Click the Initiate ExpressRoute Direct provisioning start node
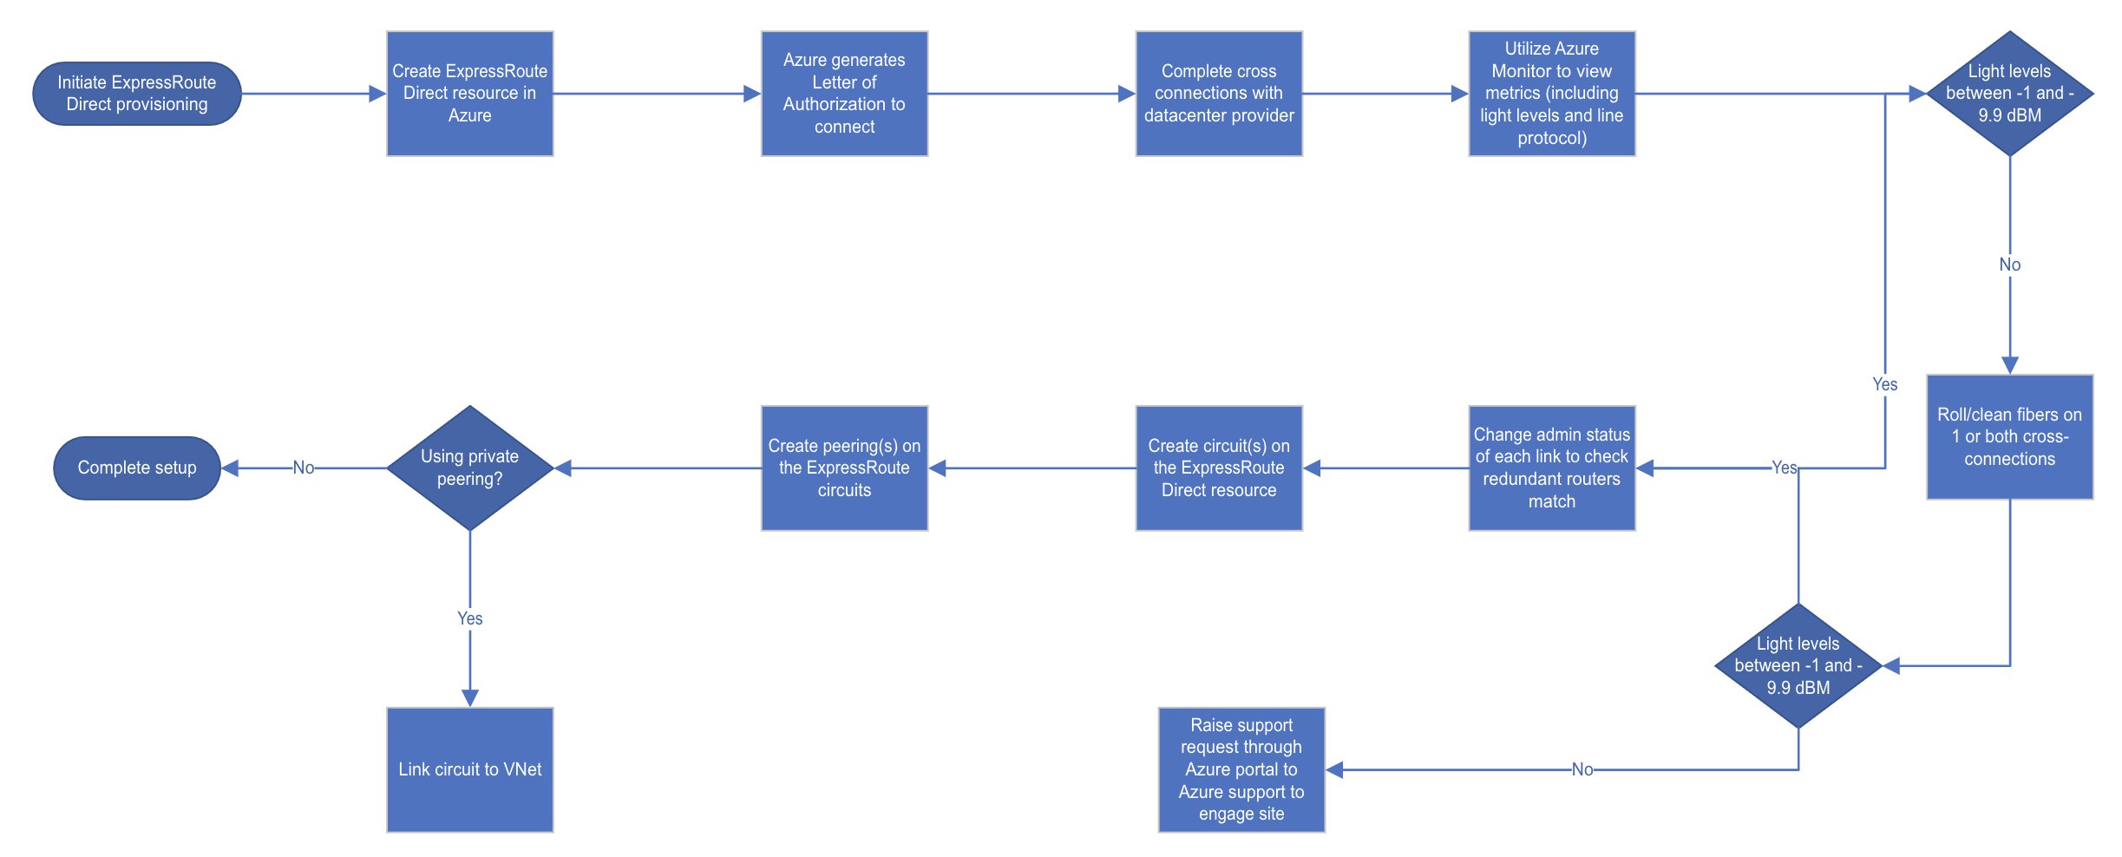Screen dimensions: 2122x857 tap(137, 94)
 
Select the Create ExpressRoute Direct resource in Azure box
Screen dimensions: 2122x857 tap(470, 94)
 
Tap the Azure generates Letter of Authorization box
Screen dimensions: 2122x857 tap(845, 94)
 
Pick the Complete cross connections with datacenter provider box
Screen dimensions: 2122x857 tap(1219, 94)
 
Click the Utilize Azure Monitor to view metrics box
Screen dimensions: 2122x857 tap(1552, 94)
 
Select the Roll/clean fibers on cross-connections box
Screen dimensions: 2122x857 tap(2010, 437)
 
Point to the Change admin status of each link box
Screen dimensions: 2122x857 tap(1552, 468)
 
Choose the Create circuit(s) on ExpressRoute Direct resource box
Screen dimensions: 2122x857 tap(1219, 468)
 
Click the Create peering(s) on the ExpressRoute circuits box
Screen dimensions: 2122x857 tap(845, 468)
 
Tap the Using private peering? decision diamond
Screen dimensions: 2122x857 tap(470, 468)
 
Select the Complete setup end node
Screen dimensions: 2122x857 tap(137, 468)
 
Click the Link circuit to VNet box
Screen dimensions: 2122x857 tap(470, 770)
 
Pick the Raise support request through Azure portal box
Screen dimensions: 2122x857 tap(1241, 770)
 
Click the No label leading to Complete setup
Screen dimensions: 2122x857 tap(304, 468)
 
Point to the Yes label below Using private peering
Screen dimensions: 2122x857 tap(470, 618)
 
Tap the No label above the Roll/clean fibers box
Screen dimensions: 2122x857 tap(2010, 265)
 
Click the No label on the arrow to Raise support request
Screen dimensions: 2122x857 tap(1582, 770)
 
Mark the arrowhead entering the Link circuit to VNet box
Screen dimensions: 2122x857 tap(470, 698)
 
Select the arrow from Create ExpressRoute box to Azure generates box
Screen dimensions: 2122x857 tap(658, 94)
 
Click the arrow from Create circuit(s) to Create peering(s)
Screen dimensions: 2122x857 tap(1032, 468)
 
